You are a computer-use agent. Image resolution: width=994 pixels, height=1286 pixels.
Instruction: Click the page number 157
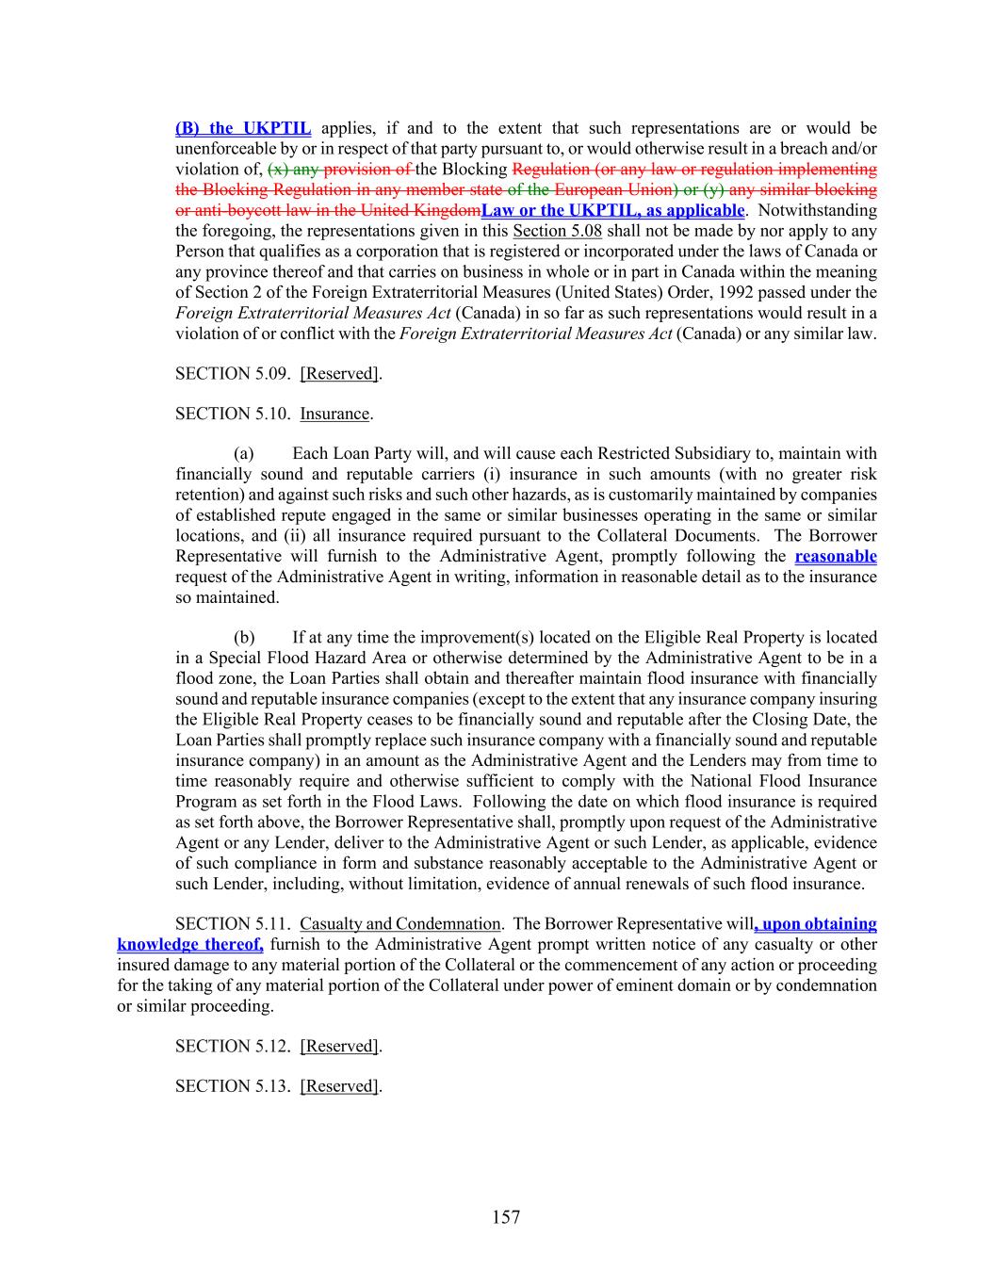(505, 1217)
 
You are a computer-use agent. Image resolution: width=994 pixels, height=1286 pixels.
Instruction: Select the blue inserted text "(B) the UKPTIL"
(243, 128)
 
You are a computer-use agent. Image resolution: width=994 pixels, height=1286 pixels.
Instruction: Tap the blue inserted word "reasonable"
(835, 557)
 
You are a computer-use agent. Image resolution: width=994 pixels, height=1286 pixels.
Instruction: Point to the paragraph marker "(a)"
(244, 454)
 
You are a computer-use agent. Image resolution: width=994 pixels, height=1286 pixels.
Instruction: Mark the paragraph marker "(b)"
(244, 638)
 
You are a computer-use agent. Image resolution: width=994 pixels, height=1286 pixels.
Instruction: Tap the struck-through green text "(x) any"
(293, 170)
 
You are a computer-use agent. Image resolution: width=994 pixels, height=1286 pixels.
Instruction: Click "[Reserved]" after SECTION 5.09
(339, 374)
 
